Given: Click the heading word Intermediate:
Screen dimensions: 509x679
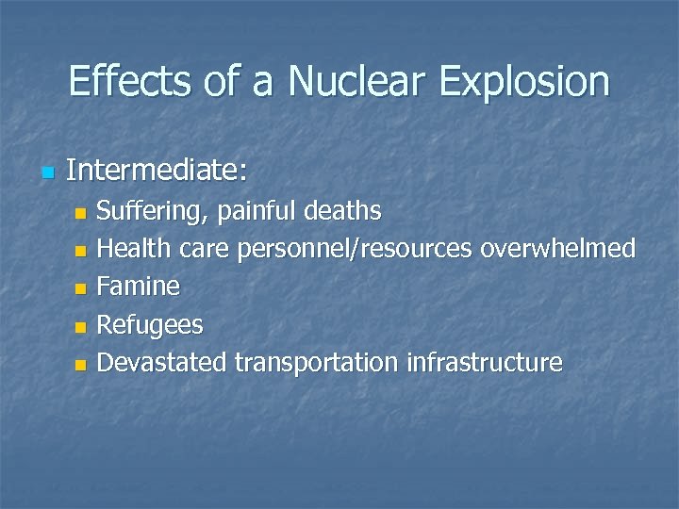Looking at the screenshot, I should click(157, 171).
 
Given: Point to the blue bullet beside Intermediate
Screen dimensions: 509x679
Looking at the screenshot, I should click(48, 172).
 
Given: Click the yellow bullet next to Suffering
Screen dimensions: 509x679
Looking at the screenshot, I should click(81, 213).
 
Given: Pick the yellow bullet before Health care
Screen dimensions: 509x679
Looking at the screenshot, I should click(81, 252).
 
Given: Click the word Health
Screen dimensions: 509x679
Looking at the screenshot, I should click(134, 249).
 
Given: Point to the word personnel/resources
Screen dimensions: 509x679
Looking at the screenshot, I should click(356, 250).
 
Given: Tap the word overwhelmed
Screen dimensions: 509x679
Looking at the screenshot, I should click(558, 249).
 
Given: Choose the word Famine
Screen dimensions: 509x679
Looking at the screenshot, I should click(139, 287).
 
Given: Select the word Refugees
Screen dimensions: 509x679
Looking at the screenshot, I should click(150, 325).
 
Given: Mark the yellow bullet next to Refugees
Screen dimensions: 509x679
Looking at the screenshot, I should click(81, 327).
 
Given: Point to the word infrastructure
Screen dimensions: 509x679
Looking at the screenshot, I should click(484, 362).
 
